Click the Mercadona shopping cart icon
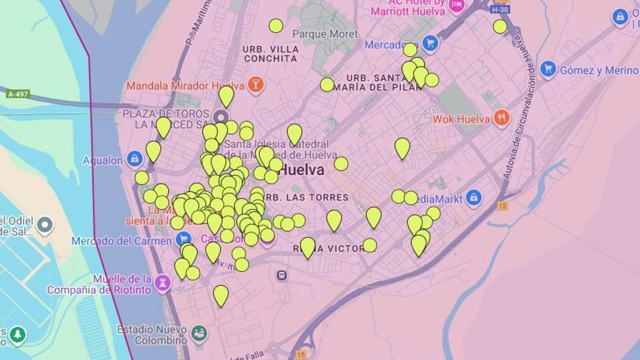tap(430, 43)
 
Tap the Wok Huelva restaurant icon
tap(501, 118)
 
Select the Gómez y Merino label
tap(599, 70)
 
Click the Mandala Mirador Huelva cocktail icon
tap(255, 84)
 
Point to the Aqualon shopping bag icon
tap(135, 159)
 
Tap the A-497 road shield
tap(18, 94)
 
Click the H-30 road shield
tap(500, 10)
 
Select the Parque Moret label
tap(325, 34)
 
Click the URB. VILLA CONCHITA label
tap(270, 54)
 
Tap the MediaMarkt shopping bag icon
tap(474, 198)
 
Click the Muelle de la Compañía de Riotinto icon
tap(162, 283)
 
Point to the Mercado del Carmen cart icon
tap(184, 239)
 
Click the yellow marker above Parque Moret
tap(276, 26)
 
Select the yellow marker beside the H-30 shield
tap(500, 27)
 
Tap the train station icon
tap(282, 275)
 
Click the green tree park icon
tap(17, 334)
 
